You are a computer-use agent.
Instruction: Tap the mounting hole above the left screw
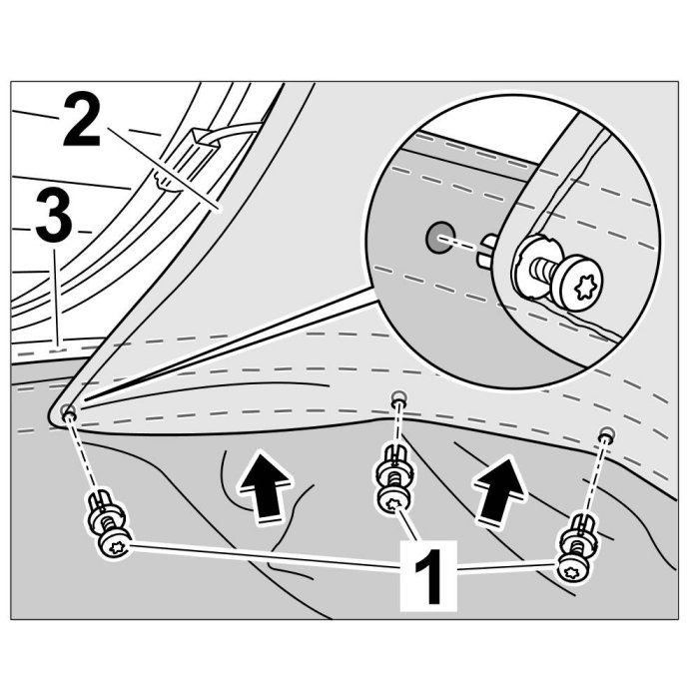(67, 409)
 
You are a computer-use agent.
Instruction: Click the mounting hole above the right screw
(605, 435)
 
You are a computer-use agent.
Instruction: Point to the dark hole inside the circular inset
(436, 237)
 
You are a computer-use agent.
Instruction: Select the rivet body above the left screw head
(103, 507)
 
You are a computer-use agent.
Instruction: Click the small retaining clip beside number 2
(160, 181)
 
